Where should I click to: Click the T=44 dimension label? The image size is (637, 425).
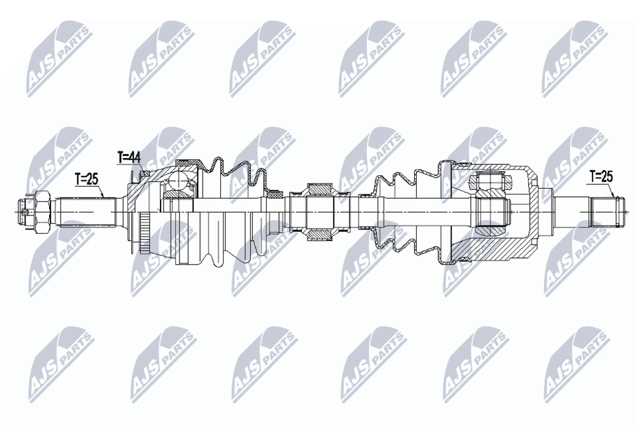(129, 157)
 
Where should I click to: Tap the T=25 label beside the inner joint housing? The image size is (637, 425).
(601, 176)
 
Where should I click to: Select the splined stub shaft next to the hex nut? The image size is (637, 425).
(86, 212)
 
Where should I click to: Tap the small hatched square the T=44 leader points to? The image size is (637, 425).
(143, 173)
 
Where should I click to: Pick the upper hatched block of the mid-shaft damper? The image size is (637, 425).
(320, 190)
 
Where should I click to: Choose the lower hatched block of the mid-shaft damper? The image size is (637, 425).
(320, 234)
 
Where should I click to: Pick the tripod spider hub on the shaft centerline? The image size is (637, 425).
(493, 212)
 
